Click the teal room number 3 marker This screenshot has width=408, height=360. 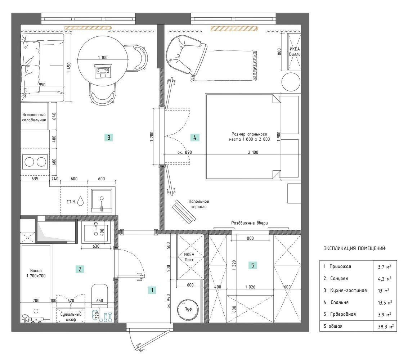pyautogui.click(x=109, y=138)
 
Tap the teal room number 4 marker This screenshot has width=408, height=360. pyautogui.click(x=195, y=138)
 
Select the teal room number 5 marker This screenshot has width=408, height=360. pyautogui.click(x=253, y=265)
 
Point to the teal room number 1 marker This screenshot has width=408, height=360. pyautogui.click(x=152, y=290)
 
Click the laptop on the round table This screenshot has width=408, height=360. pyautogui.click(x=102, y=71)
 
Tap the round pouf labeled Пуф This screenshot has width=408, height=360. pyautogui.click(x=188, y=309)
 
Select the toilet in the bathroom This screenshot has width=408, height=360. pyautogui.click(x=99, y=294)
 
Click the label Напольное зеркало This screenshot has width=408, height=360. pyautogui.click(x=199, y=204)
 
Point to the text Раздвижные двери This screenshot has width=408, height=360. pyautogui.click(x=249, y=223)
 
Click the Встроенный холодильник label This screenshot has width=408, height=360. pyautogui.click(x=34, y=117)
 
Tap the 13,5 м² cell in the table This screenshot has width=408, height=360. pyautogui.click(x=385, y=302)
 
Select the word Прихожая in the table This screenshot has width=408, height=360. pyautogui.click(x=340, y=266)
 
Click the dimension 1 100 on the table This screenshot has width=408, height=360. pyautogui.click(x=103, y=58)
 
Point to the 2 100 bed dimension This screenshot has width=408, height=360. pyautogui.click(x=253, y=152)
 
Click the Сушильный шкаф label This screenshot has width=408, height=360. pyautogui.click(x=71, y=316)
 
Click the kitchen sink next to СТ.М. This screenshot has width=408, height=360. pyautogui.click(x=102, y=201)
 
